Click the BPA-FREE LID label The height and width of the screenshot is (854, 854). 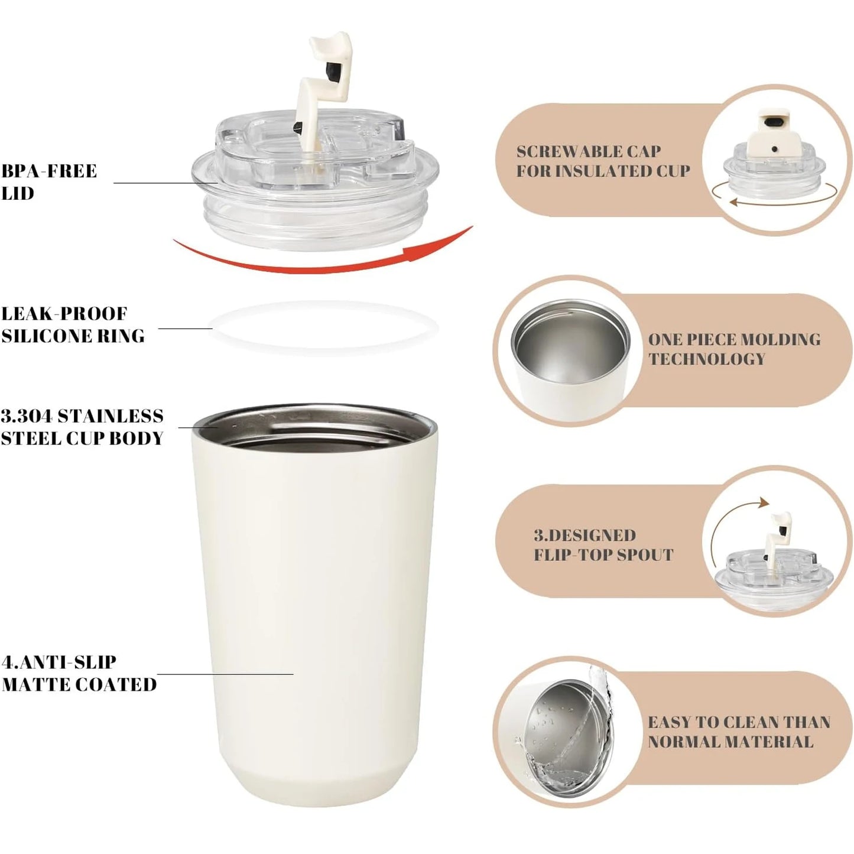coord(48,182)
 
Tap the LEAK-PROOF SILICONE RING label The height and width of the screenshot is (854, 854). coord(73,324)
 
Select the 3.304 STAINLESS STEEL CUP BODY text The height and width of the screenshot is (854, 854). coord(82,427)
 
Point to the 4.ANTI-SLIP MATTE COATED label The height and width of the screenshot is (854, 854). coord(79,673)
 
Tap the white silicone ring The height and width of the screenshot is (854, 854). coord(324,327)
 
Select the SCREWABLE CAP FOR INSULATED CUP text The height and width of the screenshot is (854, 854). coord(603,161)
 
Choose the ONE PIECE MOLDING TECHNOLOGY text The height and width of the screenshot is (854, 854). coord(734,349)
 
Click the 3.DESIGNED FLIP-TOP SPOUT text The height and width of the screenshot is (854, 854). coord(603,545)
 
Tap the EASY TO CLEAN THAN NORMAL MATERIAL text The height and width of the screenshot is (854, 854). coord(739,732)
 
